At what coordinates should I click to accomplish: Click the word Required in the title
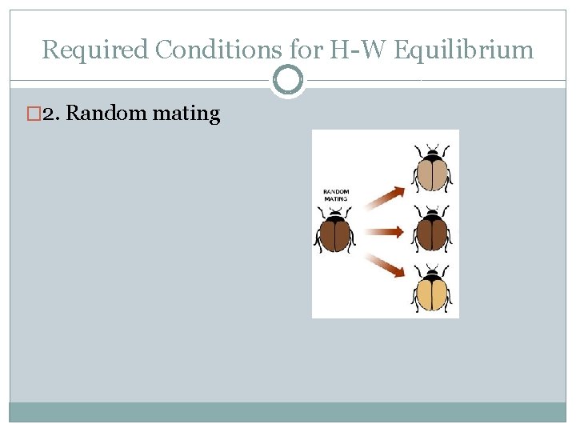click(x=95, y=50)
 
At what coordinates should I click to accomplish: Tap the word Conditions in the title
click(x=214, y=50)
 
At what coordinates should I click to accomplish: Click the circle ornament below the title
click(x=288, y=80)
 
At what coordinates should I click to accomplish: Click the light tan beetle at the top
click(x=433, y=171)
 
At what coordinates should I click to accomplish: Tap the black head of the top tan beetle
click(x=433, y=152)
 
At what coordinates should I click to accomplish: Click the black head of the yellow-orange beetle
click(x=433, y=274)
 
